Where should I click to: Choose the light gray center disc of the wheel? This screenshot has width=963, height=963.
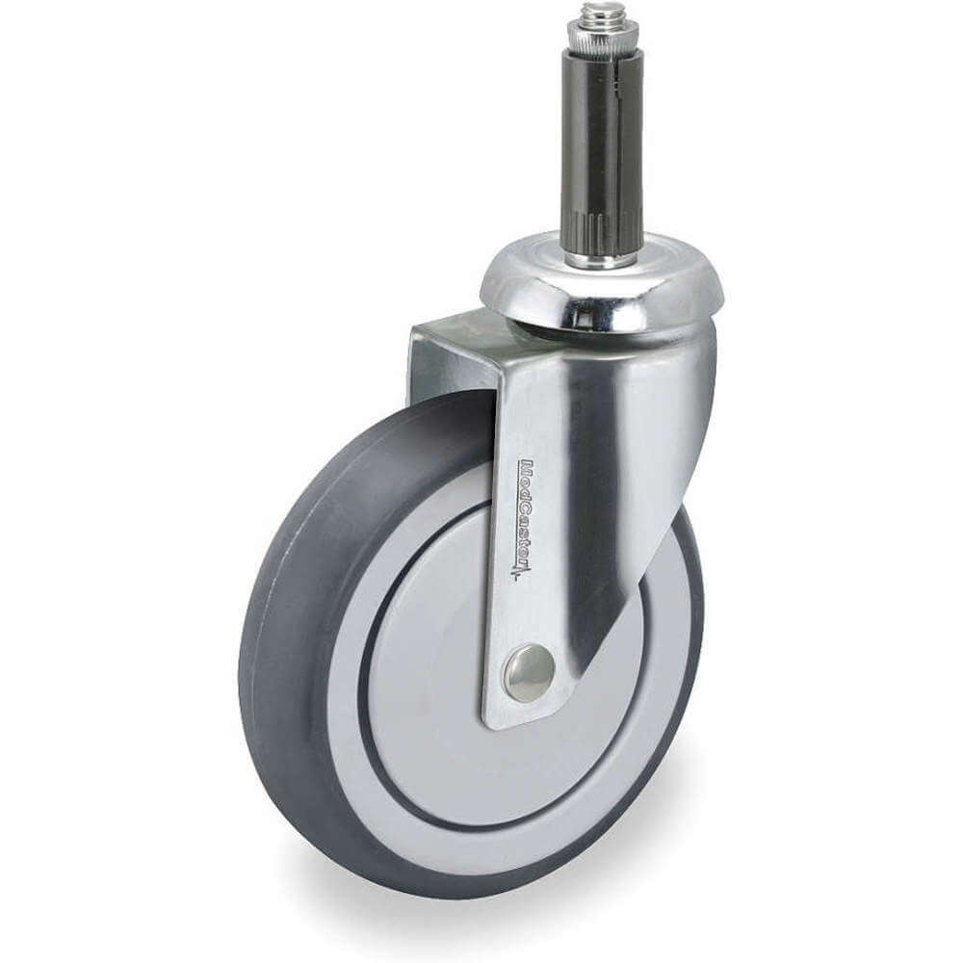pos(453,674)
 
